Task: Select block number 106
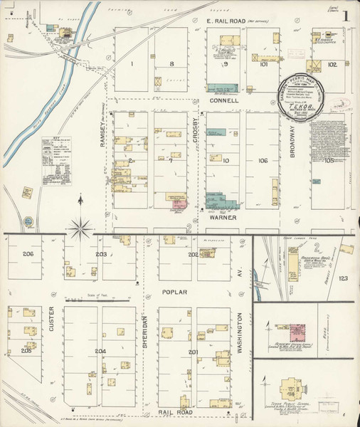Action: point(262,161)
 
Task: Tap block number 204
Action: point(100,351)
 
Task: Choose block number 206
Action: point(28,254)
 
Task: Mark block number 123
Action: point(343,278)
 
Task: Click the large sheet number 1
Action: point(345,16)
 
